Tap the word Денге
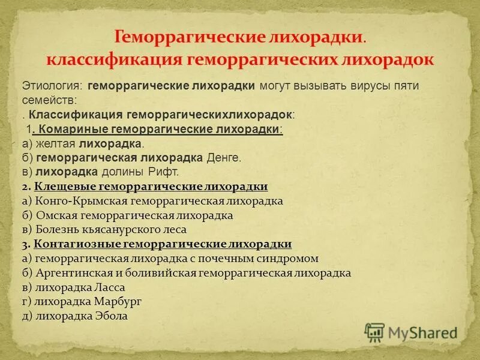point(223,158)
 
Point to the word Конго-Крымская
point(77,201)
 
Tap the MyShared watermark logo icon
point(374,332)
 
